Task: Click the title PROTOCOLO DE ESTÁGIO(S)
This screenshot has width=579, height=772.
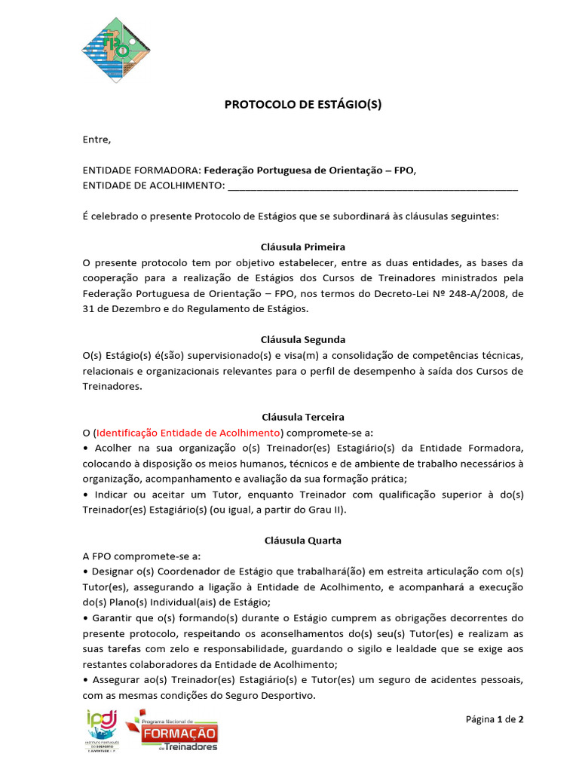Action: (303, 105)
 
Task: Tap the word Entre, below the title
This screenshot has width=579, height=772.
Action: (96, 139)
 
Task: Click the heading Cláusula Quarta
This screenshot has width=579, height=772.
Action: (302, 541)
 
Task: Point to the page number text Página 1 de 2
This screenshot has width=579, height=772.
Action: (494, 719)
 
